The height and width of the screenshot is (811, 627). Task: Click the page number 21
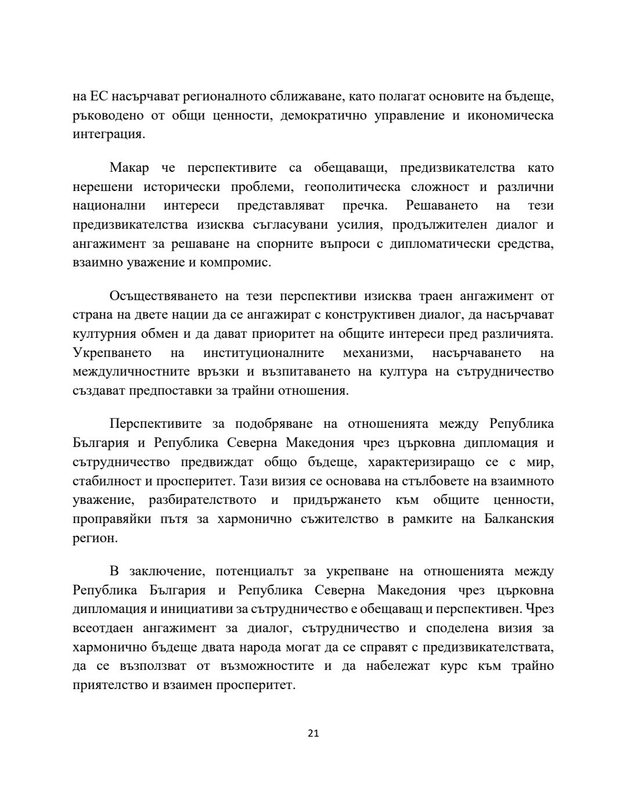pyautogui.click(x=313, y=733)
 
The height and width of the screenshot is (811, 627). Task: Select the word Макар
pyautogui.click(x=129, y=168)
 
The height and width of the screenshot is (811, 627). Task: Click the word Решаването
pyautogui.click(x=442, y=206)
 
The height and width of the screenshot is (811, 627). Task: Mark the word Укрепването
pyautogui.click(x=112, y=353)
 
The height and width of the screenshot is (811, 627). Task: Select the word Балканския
pyautogui.click(x=518, y=519)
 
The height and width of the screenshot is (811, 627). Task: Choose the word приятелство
pyautogui.click(x=109, y=684)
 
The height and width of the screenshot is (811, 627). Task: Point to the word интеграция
pyautogui.click(x=108, y=135)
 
